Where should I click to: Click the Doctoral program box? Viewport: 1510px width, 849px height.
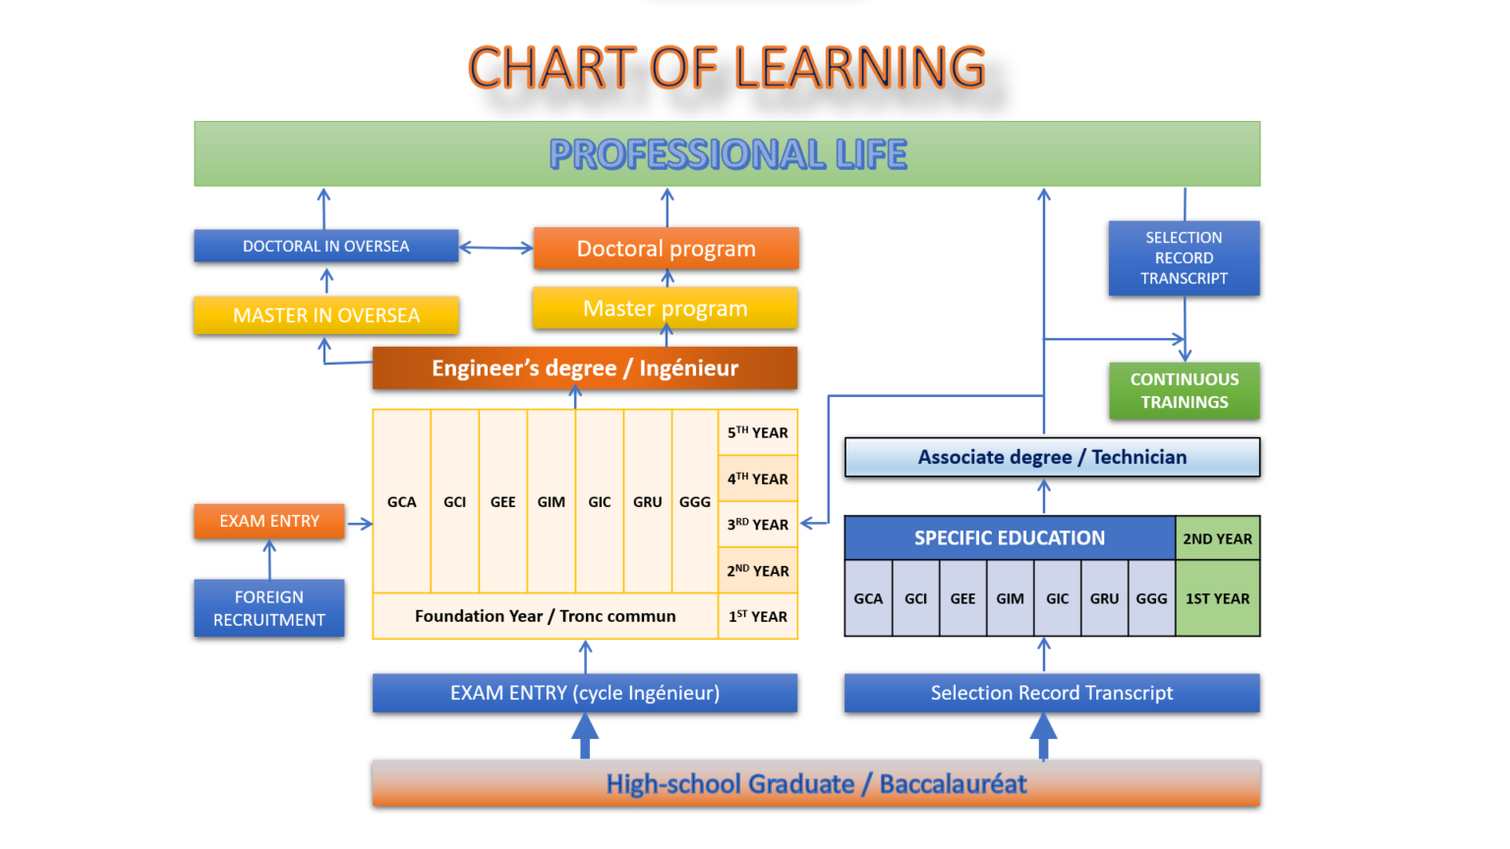666,249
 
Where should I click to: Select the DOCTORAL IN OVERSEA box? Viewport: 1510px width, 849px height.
326,246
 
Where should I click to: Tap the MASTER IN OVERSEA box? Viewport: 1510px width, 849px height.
326,315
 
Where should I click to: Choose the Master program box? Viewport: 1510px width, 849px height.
666,308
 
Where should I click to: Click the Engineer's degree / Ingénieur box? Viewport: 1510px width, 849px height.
585,368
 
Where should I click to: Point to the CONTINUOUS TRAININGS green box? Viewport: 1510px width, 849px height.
1185,391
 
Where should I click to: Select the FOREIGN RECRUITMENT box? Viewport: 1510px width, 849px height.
269,608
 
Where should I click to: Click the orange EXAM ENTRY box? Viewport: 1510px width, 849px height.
269,521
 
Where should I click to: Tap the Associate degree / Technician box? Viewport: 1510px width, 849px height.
1052,457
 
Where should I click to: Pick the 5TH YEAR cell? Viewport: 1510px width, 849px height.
758,432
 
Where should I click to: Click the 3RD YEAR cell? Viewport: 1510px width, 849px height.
758,524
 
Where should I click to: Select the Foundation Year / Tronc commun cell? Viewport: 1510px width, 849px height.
546,616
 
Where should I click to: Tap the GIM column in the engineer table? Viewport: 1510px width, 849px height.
552,501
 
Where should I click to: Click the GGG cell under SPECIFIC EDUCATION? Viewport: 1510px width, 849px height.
1151,598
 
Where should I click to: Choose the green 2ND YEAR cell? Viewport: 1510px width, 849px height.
1217,538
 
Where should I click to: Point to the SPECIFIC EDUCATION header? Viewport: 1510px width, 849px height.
1010,538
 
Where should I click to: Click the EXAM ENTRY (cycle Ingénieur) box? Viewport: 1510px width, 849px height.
585,693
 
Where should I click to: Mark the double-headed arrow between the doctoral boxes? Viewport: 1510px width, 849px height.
496,248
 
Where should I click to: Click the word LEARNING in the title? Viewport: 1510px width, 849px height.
859,68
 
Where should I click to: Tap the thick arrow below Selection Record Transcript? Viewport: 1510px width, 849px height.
1043,736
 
